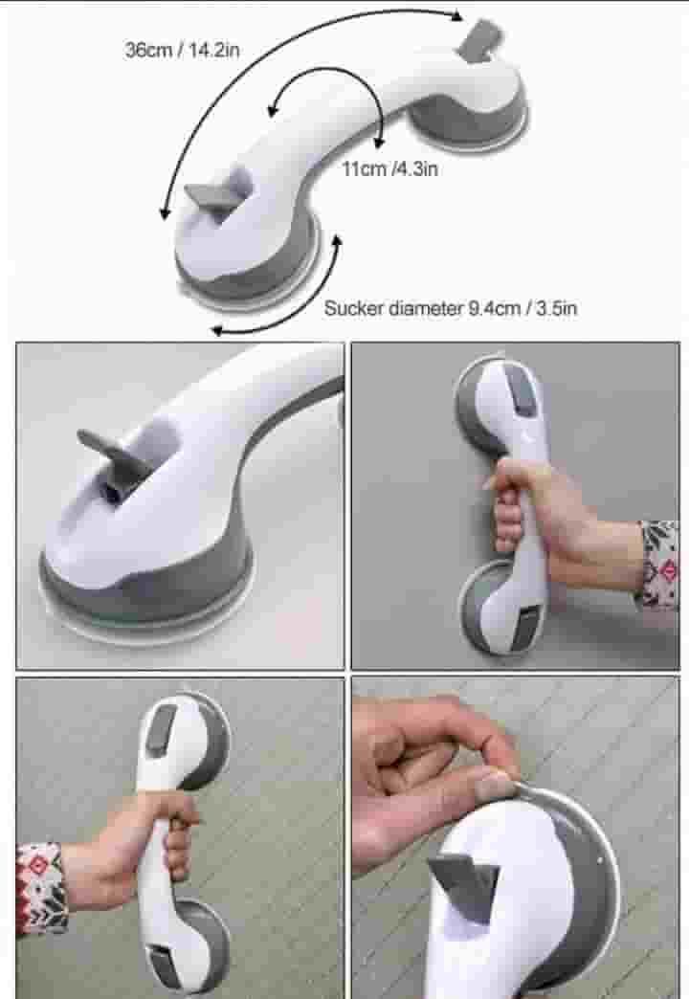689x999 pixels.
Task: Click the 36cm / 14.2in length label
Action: [182, 50]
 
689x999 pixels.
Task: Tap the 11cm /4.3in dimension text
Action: [389, 168]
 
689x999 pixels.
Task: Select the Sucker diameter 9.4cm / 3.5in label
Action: [451, 308]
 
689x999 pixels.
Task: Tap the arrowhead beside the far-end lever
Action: [456, 15]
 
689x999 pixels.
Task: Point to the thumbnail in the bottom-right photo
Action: [494, 783]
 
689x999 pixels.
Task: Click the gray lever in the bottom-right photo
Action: [464, 882]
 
